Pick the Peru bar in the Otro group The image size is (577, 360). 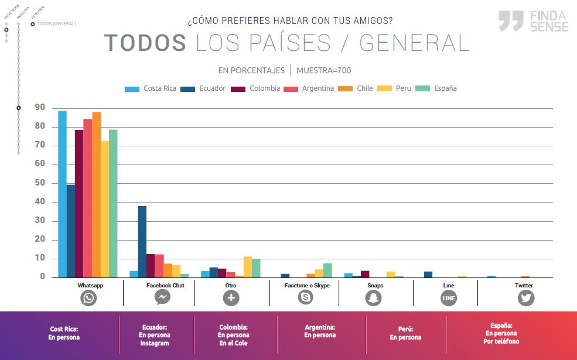[248, 267]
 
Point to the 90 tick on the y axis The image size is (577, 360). [40, 108]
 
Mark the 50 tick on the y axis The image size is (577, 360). [40, 183]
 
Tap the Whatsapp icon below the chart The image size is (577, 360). [88, 298]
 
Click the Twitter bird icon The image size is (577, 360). [526, 298]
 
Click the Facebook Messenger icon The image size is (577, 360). [163, 298]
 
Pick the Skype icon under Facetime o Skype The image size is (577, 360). [305, 298]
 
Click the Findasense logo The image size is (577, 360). [533, 20]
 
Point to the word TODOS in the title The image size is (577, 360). [145, 43]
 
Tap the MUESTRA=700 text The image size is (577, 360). [323, 70]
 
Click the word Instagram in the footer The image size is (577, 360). [155, 343]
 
